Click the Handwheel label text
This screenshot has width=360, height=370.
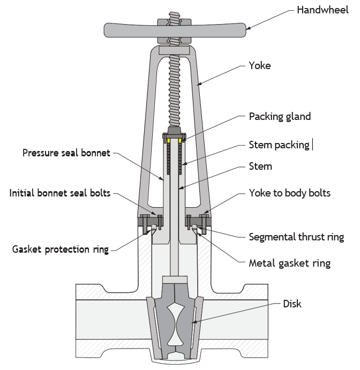point(322,10)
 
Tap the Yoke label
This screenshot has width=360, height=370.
point(260,66)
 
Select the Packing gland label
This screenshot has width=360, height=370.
point(280,117)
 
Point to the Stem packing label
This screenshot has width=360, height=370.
point(279,145)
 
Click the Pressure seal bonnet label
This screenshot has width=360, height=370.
point(66,153)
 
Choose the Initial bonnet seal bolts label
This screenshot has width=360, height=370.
point(60,193)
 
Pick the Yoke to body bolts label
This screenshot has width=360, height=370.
point(290,193)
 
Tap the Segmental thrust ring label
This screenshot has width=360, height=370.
point(296,237)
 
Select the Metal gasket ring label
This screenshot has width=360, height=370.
point(290,263)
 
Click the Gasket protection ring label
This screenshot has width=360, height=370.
point(61,250)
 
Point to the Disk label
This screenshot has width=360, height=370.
point(292,304)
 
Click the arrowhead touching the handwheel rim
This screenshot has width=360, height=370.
point(249,28)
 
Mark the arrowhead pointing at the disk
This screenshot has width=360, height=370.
point(193,322)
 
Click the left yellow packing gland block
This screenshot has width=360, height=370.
point(169,141)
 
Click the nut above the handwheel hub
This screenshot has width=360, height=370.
point(174,22)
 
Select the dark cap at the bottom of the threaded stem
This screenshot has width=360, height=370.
point(174,130)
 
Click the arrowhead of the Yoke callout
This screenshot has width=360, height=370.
point(200,84)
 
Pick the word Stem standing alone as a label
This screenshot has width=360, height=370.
point(260,167)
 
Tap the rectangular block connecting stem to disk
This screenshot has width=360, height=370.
point(175,280)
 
